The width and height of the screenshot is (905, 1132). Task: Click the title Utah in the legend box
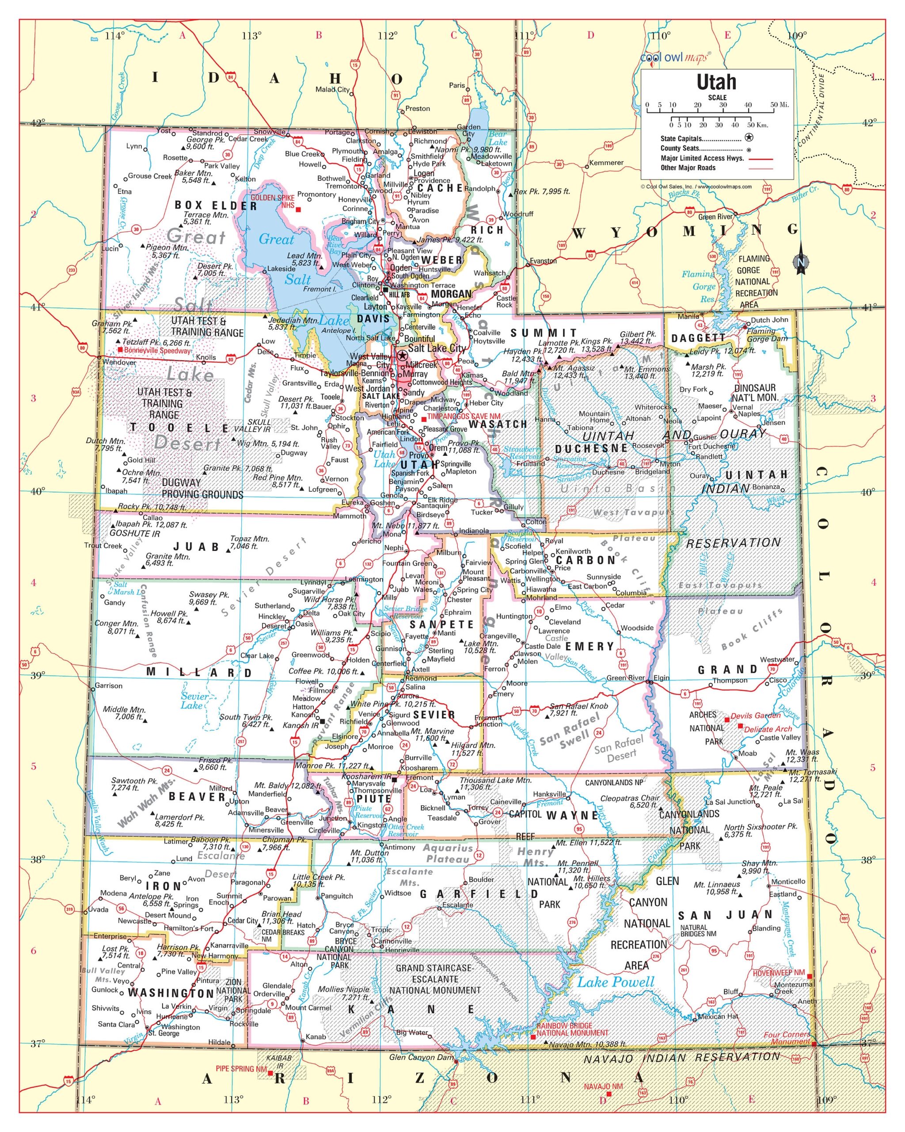(716, 82)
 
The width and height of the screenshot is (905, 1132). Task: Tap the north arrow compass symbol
(801, 260)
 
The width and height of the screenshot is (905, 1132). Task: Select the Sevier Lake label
(194, 700)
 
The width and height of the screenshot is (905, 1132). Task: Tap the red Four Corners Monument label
(787, 1038)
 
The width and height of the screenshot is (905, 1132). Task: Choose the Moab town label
(748, 753)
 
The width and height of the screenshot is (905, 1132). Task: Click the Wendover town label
(119, 362)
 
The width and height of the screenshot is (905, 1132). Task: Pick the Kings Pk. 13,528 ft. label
(597, 345)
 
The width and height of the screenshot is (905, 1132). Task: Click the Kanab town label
(316, 1036)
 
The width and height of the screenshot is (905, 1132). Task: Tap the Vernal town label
(742, 407)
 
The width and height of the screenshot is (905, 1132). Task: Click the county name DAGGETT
(698, 338)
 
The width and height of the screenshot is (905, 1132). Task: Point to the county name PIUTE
(374, 799)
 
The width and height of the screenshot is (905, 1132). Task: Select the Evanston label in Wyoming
(543, 261)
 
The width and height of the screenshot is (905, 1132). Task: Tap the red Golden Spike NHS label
(272, 202)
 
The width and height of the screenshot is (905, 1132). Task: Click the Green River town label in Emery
(625, 678)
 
